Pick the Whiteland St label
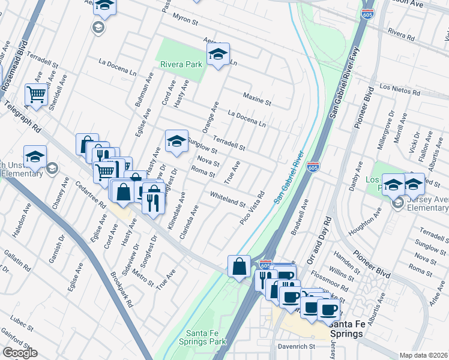[x=228, y=199]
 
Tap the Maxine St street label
[x=258, y=99]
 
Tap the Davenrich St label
[x=296, y=347]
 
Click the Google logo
[x=20, y=353]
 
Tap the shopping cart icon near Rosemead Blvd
[x=37, y=95]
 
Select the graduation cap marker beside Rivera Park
[x=218, y=55]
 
